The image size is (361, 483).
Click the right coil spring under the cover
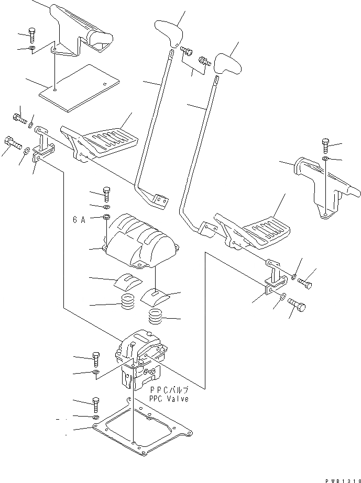point(156,316)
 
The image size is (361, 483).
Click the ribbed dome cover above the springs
point(140,238)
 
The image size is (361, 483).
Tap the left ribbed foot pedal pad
point(111,139)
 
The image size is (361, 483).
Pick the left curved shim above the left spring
point(127,282)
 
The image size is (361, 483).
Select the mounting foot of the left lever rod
point(158,199)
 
